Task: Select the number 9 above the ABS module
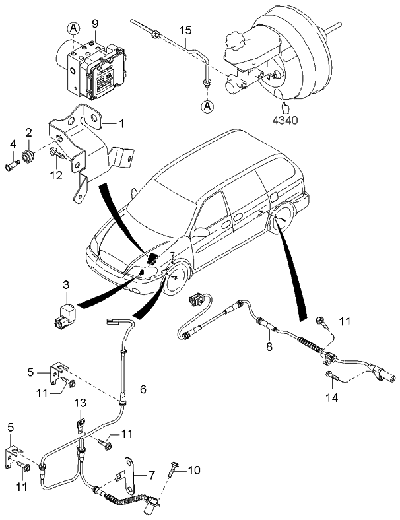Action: pyautogui.click(x=95, y=24)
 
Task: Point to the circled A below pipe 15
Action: pyautogui.click(x=207, y=106)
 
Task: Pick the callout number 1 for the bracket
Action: pyautogui.click(x=121, y=123)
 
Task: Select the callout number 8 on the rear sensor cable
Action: pyautogui.click(x=269, y=344)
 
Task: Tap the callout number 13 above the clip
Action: pyautogui.click(x=80, y=403)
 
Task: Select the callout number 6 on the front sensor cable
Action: pyautogui.click(x=142, y=389)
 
